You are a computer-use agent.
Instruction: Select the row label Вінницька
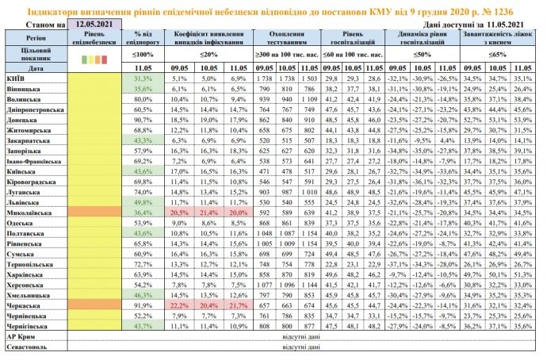(x=25, y=90)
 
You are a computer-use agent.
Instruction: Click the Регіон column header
(x=35, y=36)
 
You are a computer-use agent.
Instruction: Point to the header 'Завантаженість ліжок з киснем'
(x=501, y=36)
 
